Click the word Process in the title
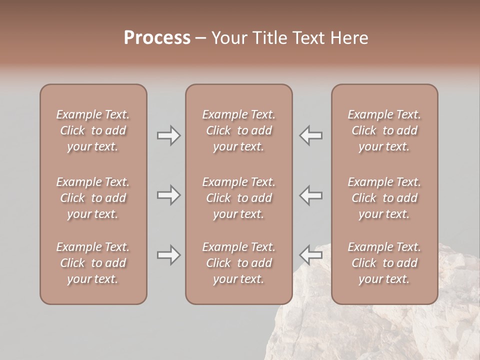[157, 37]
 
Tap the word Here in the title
[349, 37]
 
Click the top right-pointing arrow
[169, 135]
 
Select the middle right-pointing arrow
[169, 195]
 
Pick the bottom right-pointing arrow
[169, 255]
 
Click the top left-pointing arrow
[311, 135]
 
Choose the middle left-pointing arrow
[311, 195]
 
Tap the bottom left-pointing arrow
[311, 255]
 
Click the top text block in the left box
[93, 130]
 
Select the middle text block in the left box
[93, 198]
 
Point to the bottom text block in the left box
[93, 263]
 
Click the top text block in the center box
[239, 130]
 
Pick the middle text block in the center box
[239, 198]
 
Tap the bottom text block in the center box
[239, 263]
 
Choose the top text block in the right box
[384, 130]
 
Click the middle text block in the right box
[384, 198]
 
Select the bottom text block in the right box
[384, 263]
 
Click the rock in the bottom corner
[380, 330]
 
